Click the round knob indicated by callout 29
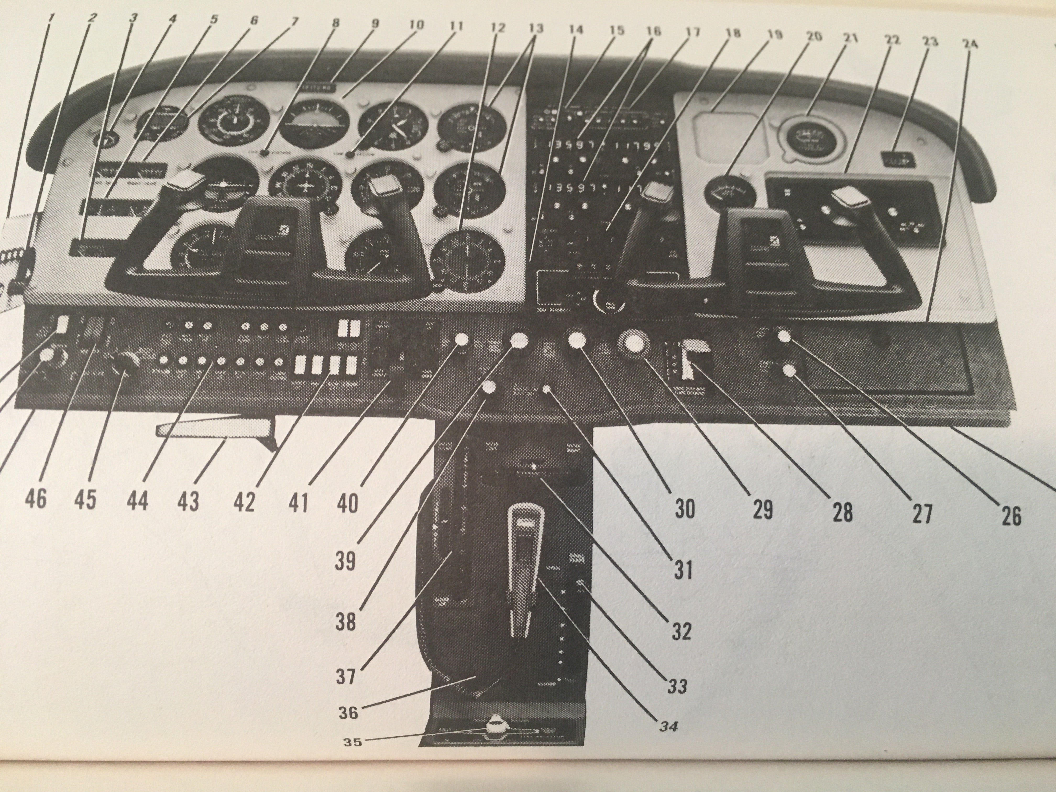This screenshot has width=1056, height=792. [634, 343]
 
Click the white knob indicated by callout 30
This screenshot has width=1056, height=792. [577, 340]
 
